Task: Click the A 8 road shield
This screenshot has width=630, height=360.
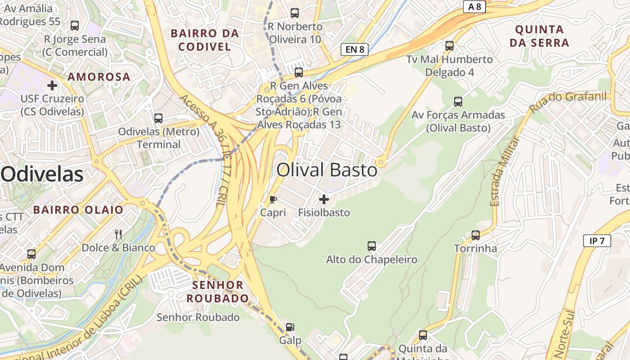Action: click(474, 6)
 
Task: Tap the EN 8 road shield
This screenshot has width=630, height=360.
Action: click(355, 49)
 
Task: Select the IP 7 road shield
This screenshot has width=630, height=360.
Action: click(597, 241)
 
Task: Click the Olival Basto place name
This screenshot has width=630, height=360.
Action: click(327, 170)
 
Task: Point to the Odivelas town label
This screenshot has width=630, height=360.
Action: click(42, 174)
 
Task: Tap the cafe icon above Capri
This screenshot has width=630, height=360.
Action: click(273, 199)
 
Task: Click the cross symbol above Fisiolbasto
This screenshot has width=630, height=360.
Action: click(324, 199)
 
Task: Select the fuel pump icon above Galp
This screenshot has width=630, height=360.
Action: click(290, 327)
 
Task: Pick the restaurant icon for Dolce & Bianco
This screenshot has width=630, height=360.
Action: click(118, 234)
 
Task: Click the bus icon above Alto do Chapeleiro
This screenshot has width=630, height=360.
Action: click(372, 246)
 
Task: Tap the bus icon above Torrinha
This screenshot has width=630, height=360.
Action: click(476, 235)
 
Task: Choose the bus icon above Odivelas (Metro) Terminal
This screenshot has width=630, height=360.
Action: click(158, 118)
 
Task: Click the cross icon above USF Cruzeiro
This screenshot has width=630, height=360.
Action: click(52, 85)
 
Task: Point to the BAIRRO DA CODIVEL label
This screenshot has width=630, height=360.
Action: click(205, 40)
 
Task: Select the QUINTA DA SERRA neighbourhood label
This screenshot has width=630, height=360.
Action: click(542, 36)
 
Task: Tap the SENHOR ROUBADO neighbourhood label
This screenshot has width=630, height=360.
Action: click(218, 291)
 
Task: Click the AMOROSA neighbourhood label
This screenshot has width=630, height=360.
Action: click(99, 76)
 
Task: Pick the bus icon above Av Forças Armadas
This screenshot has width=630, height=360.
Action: click(458, 101)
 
